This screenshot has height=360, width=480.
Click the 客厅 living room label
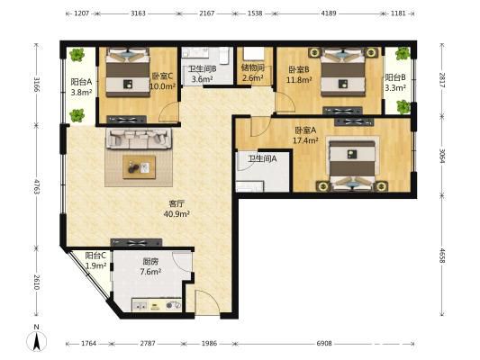point(177,203)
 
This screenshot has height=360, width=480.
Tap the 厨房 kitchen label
point(150,262)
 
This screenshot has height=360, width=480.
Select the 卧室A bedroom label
point(305,130)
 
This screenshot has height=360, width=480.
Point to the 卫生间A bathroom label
point(262,158)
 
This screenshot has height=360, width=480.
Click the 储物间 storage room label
point(253,67)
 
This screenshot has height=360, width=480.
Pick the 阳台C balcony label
point(95,255)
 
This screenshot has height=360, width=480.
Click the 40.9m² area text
point(177,213)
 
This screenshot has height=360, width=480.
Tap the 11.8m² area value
point(299,80)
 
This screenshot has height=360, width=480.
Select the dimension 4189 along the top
point(328,13)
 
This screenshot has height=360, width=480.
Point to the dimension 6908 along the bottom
point(324,343)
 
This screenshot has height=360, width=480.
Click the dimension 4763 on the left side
point(37,186)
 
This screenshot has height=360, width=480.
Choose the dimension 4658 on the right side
point(442,256)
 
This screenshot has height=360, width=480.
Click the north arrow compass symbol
point(37,340)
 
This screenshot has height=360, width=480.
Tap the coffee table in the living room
point(140,167)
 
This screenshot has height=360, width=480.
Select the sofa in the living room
point(139,139)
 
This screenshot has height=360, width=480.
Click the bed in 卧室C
point(128,72)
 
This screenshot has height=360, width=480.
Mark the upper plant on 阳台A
point(77,55)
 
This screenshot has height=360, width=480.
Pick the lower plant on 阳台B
point(403,107)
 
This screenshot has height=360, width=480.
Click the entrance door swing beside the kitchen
point(207,302)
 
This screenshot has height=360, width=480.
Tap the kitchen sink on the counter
point(140,305)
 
